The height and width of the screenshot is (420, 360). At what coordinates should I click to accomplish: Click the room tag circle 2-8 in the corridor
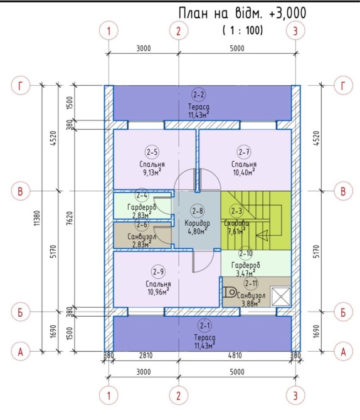(x=198, y=211)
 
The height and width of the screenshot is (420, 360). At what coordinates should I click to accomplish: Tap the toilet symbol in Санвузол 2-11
(x=230, y=292)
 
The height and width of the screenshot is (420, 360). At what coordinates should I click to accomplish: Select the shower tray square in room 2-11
(x=280, y=297)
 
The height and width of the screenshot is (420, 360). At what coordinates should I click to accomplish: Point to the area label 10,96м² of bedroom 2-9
(x=158, y=291)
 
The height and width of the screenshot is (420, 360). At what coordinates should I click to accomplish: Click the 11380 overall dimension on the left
(x=37, y=218)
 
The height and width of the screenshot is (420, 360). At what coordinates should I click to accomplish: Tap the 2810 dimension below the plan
(x=146, y=355)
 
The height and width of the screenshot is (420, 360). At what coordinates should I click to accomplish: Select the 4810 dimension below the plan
(x=235, y=355)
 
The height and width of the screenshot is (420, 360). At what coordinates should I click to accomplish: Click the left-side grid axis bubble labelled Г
(x=20, y=86)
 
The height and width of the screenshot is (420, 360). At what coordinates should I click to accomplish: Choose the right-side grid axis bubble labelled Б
(x=343, y=312)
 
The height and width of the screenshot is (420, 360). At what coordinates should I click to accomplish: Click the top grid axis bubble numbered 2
(x=179, y=31)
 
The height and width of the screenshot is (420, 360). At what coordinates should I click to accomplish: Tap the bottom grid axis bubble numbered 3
(x=295, y=396)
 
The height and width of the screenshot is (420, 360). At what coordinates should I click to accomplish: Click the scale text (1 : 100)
(x=243, y=30)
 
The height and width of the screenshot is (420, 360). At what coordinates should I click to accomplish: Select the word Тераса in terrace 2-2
(x=199, y=107)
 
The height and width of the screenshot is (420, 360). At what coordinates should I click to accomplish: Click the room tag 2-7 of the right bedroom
(x=244, y=152)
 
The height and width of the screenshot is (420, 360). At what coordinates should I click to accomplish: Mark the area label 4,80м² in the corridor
(x=197, y=231)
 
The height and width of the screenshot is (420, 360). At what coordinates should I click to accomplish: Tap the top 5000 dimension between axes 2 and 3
(x=237, y=48)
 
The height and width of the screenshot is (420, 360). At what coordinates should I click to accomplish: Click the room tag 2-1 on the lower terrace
(x=204, y=326)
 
